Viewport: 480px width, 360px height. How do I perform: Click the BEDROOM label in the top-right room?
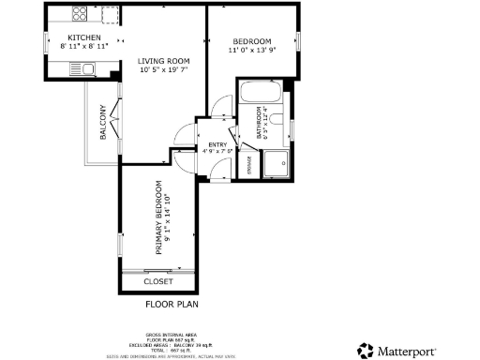pyautogui.click(x=252, y=41)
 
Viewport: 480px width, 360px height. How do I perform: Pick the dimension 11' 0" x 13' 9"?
pyautogui.click(x=252, y=51)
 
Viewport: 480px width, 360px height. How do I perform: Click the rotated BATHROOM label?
pyautogui.click(x=262, y=125)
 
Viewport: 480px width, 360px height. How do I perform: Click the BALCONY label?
pyautogui.click(x=102, y=123)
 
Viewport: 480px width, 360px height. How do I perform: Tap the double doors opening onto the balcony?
pyautogui.click(x=117, y=118)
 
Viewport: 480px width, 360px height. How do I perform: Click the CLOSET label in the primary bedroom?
pyautogui.click(x=157, y=281)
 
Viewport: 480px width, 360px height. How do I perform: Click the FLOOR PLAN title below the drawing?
pyautogui.click(x=171, y=305)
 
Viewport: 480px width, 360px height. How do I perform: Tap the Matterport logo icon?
pyautogui.click(x=364, y=351)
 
